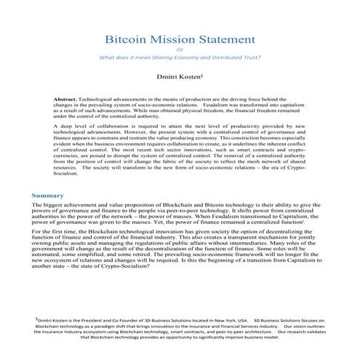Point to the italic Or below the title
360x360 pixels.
[180, 49]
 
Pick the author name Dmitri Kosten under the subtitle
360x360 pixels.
[180, 75]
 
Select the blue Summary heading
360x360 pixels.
[49, 196]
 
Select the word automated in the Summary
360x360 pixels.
[55, 260]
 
